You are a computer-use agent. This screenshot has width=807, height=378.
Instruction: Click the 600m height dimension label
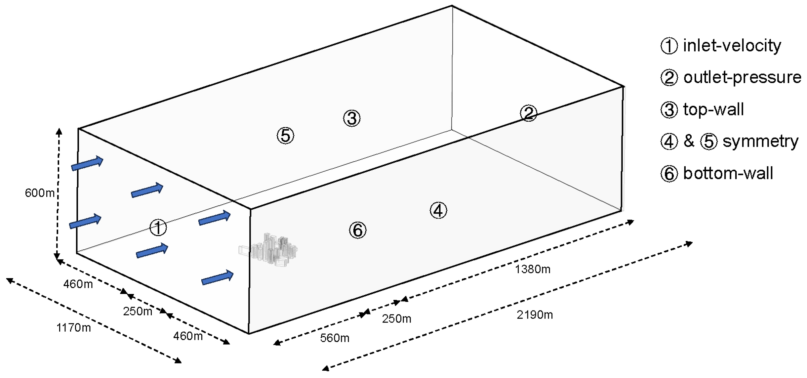tap(40, 193)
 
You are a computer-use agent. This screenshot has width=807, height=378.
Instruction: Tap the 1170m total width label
tap(73, 328)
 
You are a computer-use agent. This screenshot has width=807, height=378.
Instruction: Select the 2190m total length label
tap(535, 315)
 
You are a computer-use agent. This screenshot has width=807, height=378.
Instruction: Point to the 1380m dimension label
tap(533, 269)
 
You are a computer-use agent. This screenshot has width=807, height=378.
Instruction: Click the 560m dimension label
tap(335, 338)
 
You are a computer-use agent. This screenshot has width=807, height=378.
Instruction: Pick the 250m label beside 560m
tap(396, 319)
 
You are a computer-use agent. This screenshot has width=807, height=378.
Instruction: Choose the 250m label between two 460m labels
tap(138, 311)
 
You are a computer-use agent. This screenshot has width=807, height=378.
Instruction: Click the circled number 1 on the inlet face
tap(158, 228)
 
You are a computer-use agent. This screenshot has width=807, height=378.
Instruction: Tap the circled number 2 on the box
tap(528, 113)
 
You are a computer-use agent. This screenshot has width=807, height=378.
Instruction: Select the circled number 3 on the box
tap(351, 118)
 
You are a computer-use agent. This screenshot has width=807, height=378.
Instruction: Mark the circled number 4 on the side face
tap(438, 211)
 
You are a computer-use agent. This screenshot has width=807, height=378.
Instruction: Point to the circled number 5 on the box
tap(285, 136)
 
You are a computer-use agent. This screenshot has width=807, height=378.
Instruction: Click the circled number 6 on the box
tap(357, 231)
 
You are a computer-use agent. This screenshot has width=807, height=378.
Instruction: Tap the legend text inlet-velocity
tap(732, 45)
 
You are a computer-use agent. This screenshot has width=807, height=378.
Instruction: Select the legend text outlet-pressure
tap(742, 77)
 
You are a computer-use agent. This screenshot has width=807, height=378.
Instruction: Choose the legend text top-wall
tap(713, 109)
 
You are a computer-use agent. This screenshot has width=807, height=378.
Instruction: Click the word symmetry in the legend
tap(760, 142)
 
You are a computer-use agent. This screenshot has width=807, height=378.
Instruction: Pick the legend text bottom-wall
tap(728, 174)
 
